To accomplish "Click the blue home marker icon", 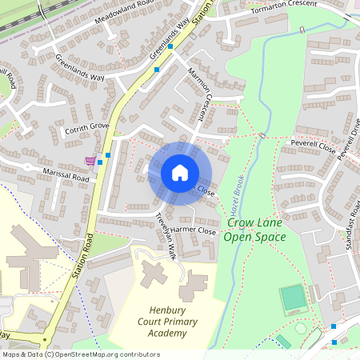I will point(180,173).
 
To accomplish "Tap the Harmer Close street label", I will point(194,230).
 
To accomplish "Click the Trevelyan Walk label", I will point(165,236).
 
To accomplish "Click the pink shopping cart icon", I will point(90,160).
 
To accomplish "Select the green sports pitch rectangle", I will point(294,299).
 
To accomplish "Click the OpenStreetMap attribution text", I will point(81,354).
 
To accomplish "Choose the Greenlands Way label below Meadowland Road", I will point(80,67).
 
